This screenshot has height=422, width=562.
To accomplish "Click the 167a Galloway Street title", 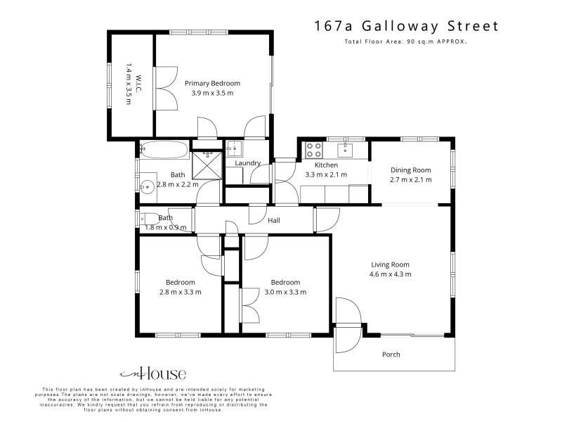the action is pos(407,26).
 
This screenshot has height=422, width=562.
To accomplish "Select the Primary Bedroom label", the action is pos(212,83).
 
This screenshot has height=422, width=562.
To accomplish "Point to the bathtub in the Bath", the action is pos(164,150).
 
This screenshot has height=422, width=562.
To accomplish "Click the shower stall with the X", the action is pos(207,165).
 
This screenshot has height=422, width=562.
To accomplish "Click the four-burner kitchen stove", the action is pos(313,150).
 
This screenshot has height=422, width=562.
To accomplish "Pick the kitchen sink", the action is pos(345,150).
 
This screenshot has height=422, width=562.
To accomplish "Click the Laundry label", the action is pos(248,163).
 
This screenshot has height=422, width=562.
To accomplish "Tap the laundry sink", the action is pos(235,148).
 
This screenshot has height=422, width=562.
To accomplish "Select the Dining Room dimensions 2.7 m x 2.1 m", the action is pos(411,179).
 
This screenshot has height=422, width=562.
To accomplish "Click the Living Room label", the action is pos(390,264).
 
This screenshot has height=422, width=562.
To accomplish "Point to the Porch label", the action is pos(391,354).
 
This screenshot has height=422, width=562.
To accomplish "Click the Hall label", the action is pos(274,220).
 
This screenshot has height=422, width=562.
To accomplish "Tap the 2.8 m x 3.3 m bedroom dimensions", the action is pos(181,292).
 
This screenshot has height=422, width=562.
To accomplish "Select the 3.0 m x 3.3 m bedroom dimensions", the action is pos(285,292).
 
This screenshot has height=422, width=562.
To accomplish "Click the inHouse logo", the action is pos(153,373).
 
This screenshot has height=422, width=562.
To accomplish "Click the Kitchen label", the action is pos(326,165).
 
